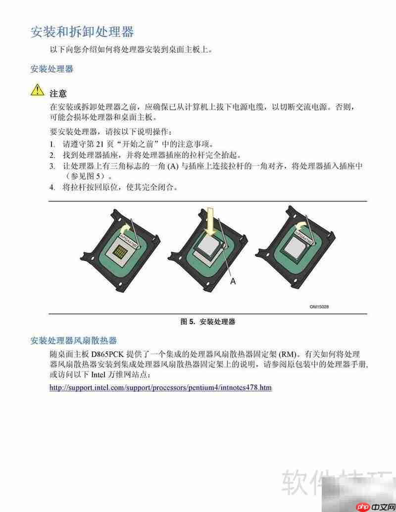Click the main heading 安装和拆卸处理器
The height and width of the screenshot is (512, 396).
pos(82,33)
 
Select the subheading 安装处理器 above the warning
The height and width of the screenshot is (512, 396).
pos(51,69)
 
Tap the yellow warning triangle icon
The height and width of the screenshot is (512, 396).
pos(38,90)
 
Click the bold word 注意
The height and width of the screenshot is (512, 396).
pos(58,93)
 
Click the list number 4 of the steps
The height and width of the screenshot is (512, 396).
pos(51,188)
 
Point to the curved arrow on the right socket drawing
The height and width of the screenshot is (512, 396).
pos(299,225)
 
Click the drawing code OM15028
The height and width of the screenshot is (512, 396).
pos(319,307)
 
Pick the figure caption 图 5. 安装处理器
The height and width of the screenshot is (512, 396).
pos(207,322)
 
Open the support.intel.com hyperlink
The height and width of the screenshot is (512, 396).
pos(160,387)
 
